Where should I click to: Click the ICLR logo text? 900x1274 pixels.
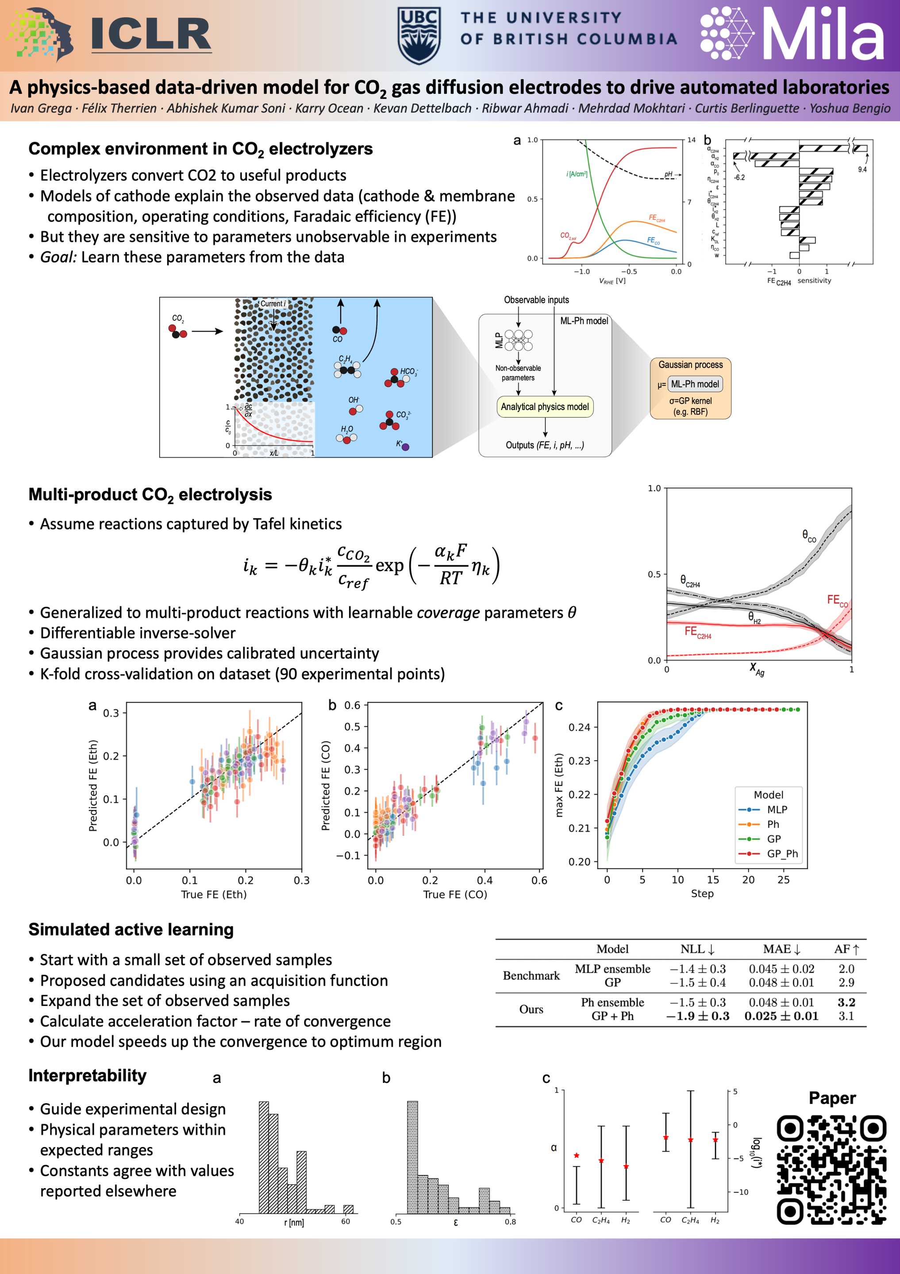(x=151, y=35)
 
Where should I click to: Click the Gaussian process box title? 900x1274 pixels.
(x=690, y=365)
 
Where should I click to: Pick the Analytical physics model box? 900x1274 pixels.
(x=544, y=407)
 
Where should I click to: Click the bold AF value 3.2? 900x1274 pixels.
(x=846, y=1002)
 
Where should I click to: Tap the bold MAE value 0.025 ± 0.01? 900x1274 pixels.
(x=781, y=1016)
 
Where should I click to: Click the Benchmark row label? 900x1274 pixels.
(x=531, y=975)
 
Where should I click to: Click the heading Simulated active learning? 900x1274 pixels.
(x=131, y=929)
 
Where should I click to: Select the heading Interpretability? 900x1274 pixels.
(x=87, y=1075)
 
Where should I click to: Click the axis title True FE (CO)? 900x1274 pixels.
(x=455, y=894)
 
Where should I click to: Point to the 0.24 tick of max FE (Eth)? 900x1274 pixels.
(x=579, y=727)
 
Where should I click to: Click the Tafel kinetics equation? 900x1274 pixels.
(x=371, y=565)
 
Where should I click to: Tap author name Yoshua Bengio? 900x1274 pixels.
(x=850, y=108)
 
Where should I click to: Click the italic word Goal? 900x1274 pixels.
(x=58, y=257)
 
